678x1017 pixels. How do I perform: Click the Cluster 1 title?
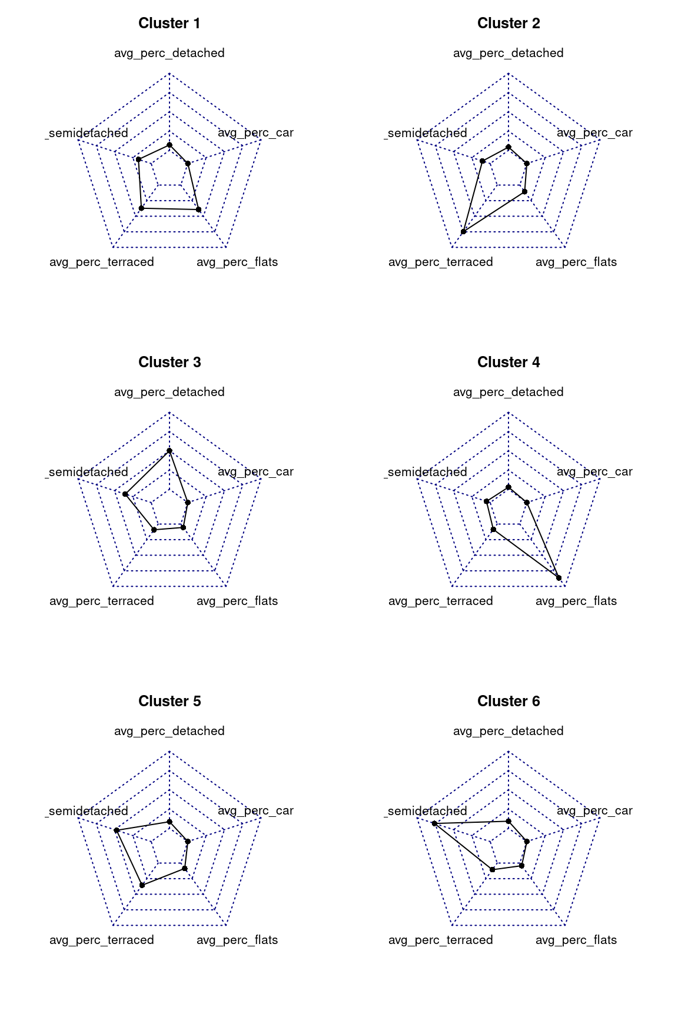coord(169,24)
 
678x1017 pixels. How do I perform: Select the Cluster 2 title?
coord(508,24)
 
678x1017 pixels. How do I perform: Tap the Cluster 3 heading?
coord(169,363)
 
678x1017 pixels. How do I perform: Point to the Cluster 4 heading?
coord(508,363)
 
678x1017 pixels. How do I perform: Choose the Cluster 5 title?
coord(169,702)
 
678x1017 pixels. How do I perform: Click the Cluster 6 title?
coord(508,702)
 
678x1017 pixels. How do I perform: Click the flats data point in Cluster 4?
coord(559,577)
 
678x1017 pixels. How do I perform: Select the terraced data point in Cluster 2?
coord(464,232)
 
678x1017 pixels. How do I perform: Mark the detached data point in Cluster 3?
coord(169,451)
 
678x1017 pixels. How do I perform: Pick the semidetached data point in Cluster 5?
coord(117,830)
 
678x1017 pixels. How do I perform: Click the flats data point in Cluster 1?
coord(198,210)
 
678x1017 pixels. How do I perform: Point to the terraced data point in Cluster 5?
coord(142,885)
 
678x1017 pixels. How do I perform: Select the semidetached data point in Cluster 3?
coord(125,494)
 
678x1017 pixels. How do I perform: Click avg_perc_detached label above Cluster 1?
coord(169,54)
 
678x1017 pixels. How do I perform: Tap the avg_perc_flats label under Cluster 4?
coord(576,601)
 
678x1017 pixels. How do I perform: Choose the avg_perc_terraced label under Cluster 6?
coord(441,940)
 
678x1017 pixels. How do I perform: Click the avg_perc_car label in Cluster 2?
coord(594,133)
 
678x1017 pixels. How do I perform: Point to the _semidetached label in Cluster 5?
coord(87,812)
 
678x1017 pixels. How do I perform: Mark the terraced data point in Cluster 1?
coord(141,208)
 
